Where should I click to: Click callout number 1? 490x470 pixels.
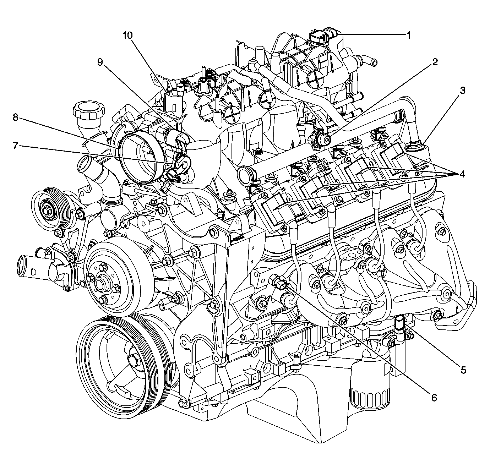tap(408, 35)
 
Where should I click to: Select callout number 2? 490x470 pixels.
tap(434, 62)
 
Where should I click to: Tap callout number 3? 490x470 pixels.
tap(462, 91)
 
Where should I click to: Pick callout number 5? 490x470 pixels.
tap(463, 370)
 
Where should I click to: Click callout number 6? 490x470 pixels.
tap(434, 398)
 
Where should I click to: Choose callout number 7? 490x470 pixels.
tap(15, 146)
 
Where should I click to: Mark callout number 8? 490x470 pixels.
tap(15, 117)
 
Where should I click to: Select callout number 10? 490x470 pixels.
tap(127, 35)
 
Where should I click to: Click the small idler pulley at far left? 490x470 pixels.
tap(47, 207)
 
